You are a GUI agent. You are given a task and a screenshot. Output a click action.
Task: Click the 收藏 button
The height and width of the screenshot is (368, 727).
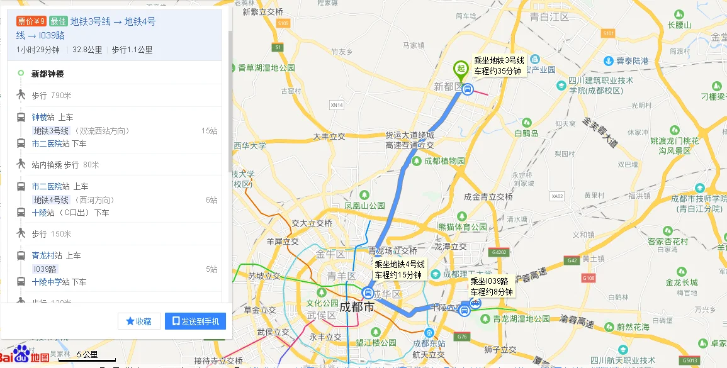[139, 321]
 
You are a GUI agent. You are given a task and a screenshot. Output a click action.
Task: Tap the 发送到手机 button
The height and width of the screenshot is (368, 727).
[195, 321]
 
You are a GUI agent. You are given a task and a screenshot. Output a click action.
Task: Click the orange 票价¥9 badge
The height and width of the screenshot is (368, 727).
[31, 21]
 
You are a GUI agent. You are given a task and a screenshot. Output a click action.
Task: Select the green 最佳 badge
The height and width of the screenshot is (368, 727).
[58, 21]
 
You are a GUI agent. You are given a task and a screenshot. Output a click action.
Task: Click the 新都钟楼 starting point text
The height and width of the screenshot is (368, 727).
[48, 74]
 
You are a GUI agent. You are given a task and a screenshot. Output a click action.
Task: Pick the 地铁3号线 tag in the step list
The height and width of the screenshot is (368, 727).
[52, 131]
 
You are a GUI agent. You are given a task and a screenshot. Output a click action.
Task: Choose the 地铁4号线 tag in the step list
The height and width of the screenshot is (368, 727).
[52, 200]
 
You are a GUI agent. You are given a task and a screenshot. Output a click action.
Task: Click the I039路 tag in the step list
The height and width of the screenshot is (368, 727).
[45, 269]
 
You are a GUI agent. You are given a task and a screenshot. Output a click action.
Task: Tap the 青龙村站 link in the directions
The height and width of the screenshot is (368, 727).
[47, 255]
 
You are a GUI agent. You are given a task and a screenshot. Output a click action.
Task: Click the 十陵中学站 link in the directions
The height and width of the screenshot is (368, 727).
[50, 282]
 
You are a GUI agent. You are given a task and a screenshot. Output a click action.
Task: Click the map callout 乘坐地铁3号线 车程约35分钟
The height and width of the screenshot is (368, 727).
[499, 66]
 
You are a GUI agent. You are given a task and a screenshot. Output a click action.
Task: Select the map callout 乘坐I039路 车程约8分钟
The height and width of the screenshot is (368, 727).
[492, 287]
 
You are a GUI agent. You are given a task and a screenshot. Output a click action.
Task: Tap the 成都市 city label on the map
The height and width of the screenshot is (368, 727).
[357, 308]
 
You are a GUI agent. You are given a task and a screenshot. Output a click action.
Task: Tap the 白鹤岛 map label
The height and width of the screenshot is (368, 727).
[526, 133]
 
